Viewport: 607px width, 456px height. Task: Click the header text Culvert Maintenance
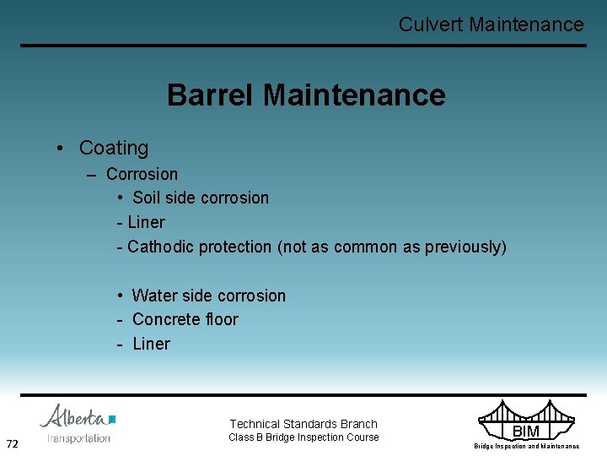click(x=491, y=24)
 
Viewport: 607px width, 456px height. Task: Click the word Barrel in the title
click(x=211, y=95)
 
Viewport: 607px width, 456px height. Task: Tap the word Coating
click(x=113, y=148)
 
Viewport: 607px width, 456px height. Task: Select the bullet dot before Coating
click(x=62, y=149)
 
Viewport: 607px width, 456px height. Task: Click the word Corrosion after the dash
click(x=142, y=174)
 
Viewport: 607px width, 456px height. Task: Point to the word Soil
click(x=147, y=198)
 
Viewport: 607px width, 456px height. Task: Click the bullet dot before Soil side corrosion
click(x=122, y=198)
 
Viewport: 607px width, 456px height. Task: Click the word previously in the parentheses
click(x=463, y=247)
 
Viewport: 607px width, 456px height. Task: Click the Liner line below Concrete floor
click(x=151, y=344)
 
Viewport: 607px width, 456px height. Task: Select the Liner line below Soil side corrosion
click(x=146, y=222)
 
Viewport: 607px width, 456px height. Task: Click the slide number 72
click(x=13, y=444)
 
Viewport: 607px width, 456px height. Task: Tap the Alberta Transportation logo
click(x=78, y=423)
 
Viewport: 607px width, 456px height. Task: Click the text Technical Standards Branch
click(x=303, y=424)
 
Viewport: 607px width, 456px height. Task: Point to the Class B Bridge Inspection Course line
click(x=303, y=437)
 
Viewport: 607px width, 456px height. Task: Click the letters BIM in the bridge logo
click(x=525, y=432)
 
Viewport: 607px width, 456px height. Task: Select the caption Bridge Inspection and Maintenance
click(x=526, y=446)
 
